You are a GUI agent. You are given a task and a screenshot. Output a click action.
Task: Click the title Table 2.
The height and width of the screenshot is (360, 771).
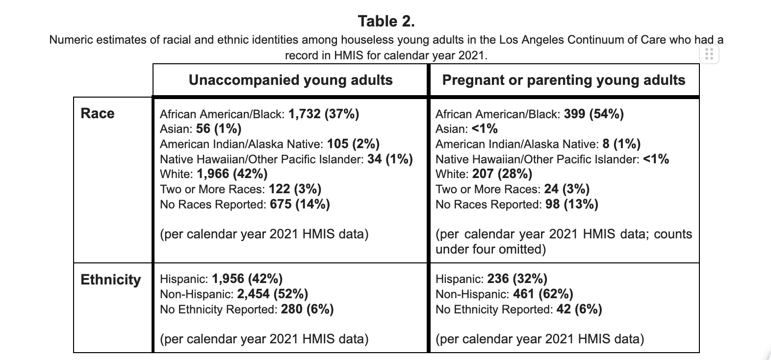(386, 21)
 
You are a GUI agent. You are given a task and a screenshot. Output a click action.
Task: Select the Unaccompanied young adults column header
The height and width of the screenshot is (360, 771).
(290, 80)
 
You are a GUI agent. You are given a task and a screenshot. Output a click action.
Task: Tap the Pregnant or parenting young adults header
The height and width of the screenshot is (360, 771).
(564, 80)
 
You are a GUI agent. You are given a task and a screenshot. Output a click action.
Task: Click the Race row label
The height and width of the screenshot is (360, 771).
(98, 113)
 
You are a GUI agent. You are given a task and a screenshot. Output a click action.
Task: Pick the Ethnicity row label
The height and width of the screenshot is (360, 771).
(111, 280)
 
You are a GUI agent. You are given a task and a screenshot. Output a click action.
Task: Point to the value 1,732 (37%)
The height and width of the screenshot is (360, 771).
(324, 114)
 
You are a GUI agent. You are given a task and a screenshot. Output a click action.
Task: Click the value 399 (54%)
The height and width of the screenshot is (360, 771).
(594, 114)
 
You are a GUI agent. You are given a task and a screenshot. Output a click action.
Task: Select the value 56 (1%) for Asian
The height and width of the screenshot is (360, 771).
(219, 129)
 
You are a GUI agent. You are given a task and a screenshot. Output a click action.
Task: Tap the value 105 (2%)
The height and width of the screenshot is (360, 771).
(353, 144)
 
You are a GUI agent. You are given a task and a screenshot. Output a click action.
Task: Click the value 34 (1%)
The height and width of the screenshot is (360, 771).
(390, 159)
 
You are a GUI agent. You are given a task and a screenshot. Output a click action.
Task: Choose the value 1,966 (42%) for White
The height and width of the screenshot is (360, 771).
(232, 174)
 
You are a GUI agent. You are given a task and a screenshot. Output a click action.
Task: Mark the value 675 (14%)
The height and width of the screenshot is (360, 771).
(300, 205)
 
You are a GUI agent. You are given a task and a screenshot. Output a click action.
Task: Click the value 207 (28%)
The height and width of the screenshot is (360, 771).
(502, 174)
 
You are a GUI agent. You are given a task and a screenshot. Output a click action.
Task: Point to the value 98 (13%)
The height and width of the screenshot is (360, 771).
(572, 205)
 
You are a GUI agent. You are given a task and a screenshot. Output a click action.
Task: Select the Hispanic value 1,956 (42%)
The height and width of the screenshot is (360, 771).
(247, 279)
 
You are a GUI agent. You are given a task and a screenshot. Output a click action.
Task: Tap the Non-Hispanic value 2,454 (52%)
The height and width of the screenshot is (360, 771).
(272, 294)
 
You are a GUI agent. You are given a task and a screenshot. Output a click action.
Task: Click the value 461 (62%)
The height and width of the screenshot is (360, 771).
(543, 294)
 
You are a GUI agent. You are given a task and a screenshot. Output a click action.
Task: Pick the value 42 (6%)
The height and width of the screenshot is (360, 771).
(579, 309)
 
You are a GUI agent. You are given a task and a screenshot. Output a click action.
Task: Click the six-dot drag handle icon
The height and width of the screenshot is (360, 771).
(709, 54)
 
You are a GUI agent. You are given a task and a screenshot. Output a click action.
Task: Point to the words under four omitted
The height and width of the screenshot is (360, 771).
(490, 249)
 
